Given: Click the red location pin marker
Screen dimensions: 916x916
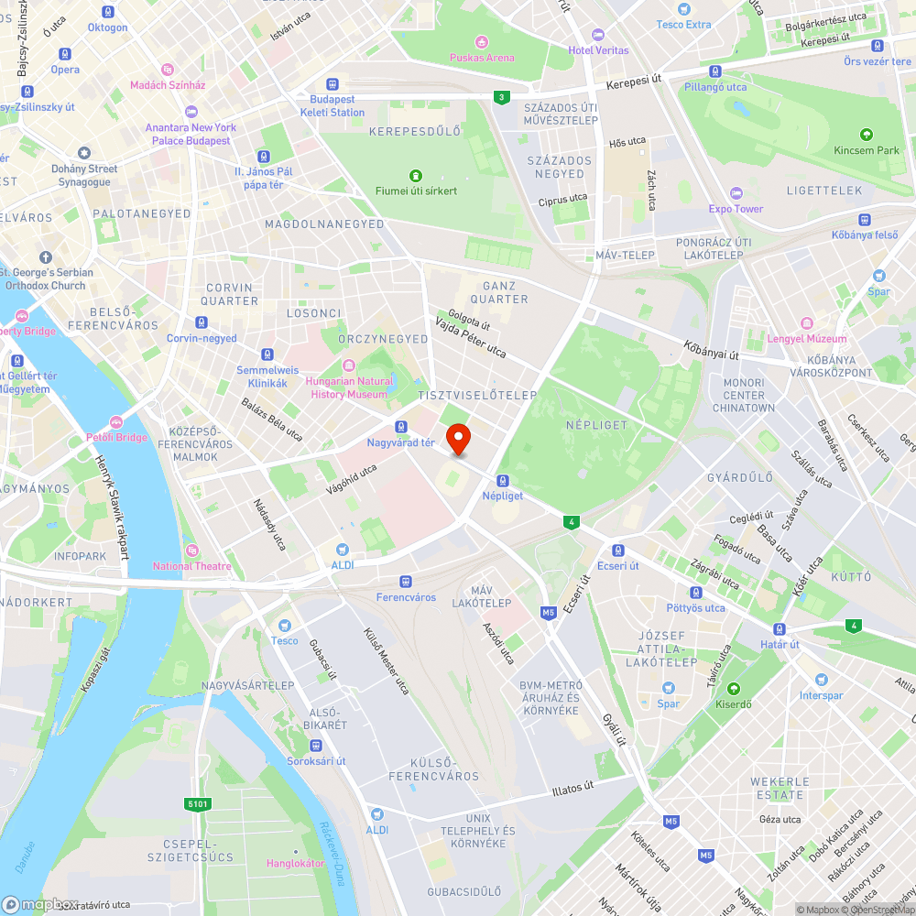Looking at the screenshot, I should pyautogui.click(x=457, y=439).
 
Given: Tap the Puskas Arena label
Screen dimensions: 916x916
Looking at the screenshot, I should pyautogui.click(x=482, y=57).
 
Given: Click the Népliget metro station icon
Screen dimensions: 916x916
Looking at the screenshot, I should pyautogui.click(x=502, y=481).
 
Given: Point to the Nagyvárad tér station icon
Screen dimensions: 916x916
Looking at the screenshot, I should pyautogui.click(x=400, y=427).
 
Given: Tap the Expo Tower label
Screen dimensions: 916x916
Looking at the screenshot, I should pyautogui.click(x=736, y=209).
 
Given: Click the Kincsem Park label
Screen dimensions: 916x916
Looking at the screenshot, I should pyautogui.click(x=867, y=150).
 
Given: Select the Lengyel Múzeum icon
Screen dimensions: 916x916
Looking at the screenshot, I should pyautogui.click(x=806, y=323).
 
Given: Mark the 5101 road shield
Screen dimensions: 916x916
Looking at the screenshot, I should pyautogui.click(x=198, y=804).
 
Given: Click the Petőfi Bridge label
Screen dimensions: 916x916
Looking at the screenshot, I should pyautogui.click(x=116, y=437).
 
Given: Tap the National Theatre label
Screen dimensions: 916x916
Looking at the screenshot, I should pyautogui.click(x=192, y=565).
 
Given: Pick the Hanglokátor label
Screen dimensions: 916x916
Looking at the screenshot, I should pyautogui.click(x=295, y=863).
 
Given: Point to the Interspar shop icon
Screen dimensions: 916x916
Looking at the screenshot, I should pyautogui.click(x=820, y=680).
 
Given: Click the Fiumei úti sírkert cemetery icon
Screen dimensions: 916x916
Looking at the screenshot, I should pyautogui.click(x=415, y=176).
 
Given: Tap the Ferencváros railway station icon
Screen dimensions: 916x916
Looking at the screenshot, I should pyautogui.click(x=406, y=582).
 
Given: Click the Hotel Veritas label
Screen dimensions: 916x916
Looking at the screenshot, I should pyautogui.click(x=598, y=49).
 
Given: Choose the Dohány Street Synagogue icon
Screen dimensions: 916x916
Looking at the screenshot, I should pyautogui.click(x=84, y=153).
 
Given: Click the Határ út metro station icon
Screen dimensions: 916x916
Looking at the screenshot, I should pyautogui.click(x=779, y=629).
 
